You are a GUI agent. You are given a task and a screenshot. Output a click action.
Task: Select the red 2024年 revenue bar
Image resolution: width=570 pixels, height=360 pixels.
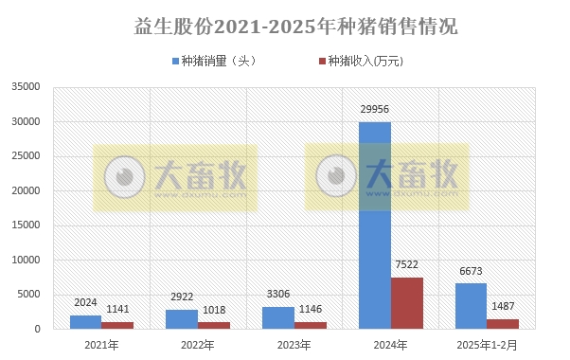pyautogui.click(x=407, y=303)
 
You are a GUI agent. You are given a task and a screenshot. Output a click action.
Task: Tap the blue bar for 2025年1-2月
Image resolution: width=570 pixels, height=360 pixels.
pyautogui.click(x=471, y=306)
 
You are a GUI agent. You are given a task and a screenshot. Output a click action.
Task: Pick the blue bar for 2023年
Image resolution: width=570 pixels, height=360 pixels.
pyautogui.click(x=277, y=317)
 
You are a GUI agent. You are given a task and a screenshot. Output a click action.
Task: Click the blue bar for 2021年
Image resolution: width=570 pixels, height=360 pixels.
pyautogui.click(x=85, y=322)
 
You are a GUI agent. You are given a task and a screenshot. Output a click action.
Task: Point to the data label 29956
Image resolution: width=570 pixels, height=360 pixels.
pyautogui.click(x=374, y=110)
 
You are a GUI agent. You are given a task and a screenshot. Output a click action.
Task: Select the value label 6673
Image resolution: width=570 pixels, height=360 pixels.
pyautogui.click(x=471, y=272)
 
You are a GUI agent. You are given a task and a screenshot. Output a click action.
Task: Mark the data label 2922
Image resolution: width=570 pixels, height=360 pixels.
pyautogui.click(x=182, y=297)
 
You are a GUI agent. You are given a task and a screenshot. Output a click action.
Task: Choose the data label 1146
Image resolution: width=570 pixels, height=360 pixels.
pyautogui.click(x=311, y=310)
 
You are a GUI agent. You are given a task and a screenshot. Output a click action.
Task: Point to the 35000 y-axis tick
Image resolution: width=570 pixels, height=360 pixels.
pyautogui.click(x=26, y=87)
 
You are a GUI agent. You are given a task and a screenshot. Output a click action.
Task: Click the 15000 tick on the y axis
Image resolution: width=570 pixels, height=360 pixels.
pyautogui.click(x=26, y=225)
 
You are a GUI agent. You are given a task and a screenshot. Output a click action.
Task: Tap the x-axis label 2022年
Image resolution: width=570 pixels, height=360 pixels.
pyautogui.click(x=198, y=345)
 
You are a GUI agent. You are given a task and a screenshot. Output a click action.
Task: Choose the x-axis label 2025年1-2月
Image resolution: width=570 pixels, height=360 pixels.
pyautogui.click(x=488, y=345)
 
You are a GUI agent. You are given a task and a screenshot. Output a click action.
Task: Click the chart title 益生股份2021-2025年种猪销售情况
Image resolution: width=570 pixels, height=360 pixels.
pyautogui.click(x=285, y=27)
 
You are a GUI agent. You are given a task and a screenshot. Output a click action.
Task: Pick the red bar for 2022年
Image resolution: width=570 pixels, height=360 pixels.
pyautogui.click(x=214, y=325)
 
